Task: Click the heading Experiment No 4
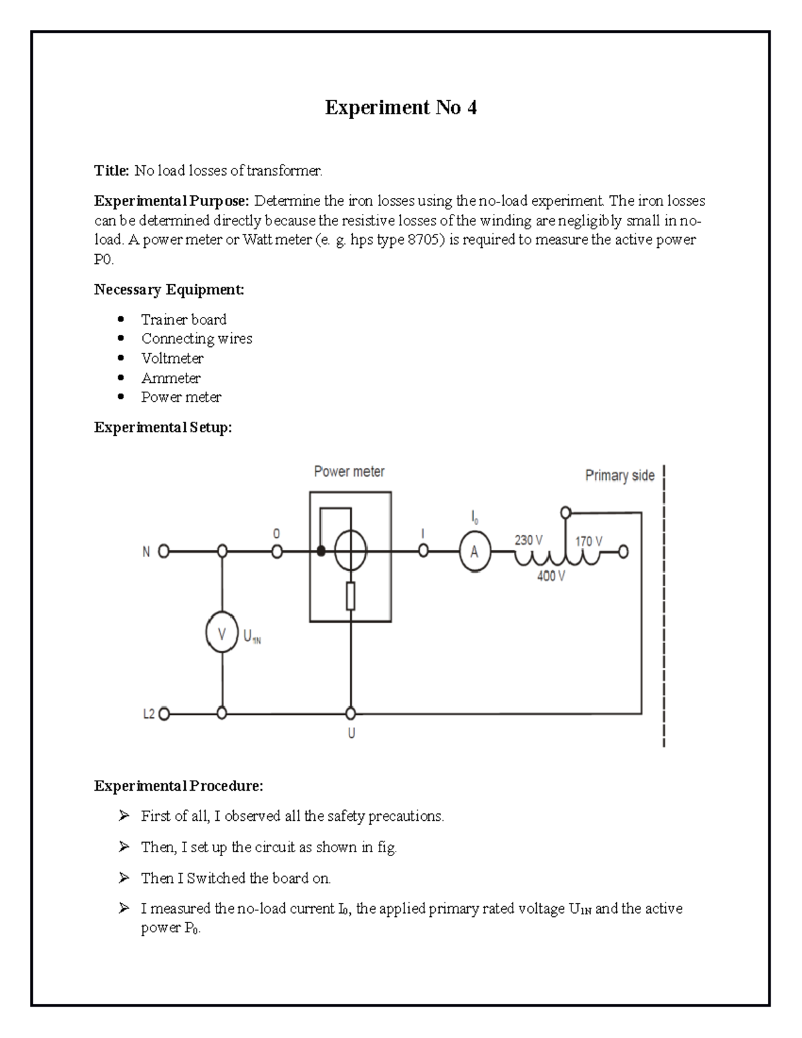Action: (x=400, y=108)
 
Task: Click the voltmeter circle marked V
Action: (x=222, y=634)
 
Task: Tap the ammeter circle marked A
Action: (x=474, y=553)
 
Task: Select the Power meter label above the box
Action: (x=349, y=472)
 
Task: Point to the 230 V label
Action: (x=528, y=540)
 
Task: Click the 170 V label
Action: (x=588, y=541)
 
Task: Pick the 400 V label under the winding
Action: (x=551, y=575)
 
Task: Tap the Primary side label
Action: (x=620, y=476)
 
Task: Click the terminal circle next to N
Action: (x=163, y=552)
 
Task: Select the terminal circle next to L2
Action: (x=163, y=714)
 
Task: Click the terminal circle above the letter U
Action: (x=350, y=714)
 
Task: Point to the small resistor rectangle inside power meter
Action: (x=350, y=596)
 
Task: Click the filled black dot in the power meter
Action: (x=321, y=551)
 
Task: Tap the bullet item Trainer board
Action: (x=184, y=319)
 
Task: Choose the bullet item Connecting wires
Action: (x=196, y=339)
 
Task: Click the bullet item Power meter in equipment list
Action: (x=180, y=397)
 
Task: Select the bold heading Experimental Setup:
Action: (x=163, y=428)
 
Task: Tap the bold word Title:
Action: (x=112, y=171)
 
